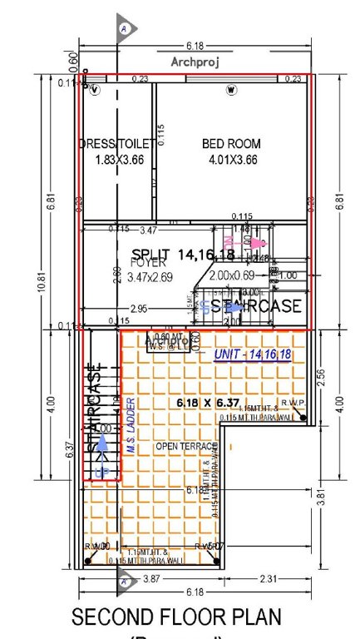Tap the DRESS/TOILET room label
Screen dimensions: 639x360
pos(116,144)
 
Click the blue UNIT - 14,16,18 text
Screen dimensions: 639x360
pos(252,354)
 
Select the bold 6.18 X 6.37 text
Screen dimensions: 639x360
pos(208,403)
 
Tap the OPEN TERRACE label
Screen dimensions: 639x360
pos(181,447)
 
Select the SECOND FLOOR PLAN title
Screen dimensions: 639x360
pos(176,617)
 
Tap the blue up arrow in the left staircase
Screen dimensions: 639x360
pos(101,449)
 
